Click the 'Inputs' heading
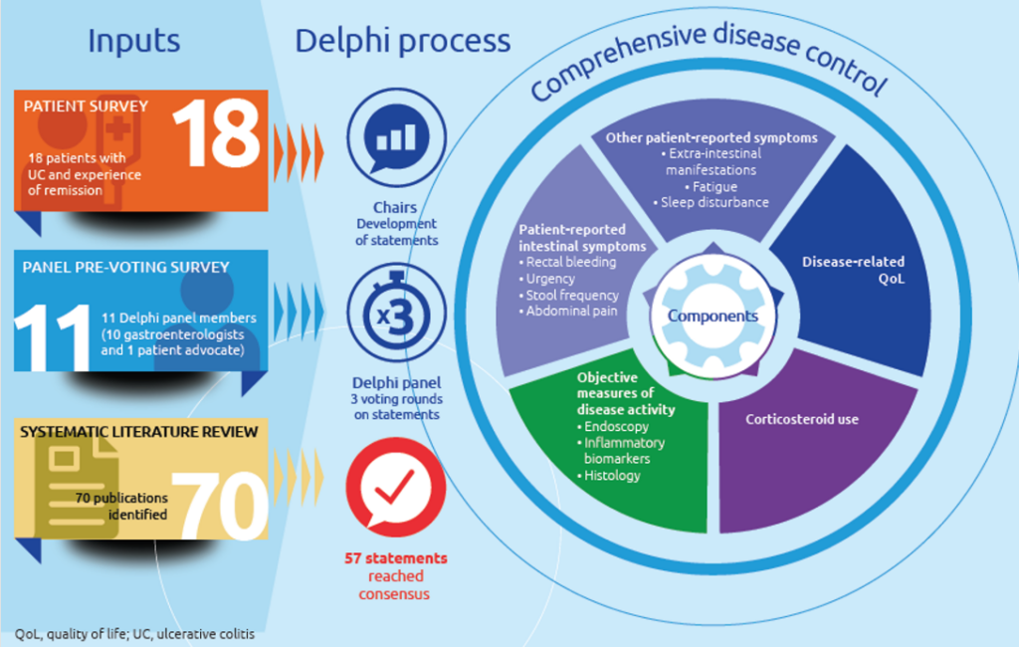pyautogui.click(x=134, y=41)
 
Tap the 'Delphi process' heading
pyautogui.click(x=403, y=42)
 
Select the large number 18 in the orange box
pyautogui.click(x=217, y=133)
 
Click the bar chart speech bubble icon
pyautogui.click(x=396, y=137)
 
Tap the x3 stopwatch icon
pyautogui.click(x=396, y=313)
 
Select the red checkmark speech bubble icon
pyautogui.click(x=396, y=487)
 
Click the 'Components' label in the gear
pyautogui.click(x=713, y=316)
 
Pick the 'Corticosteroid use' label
pyautogui.click(x=802, y=419)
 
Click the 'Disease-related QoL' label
pyautogui.click(x=853, y=270)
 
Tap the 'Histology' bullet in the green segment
pyautogui.click(x=608, y=476)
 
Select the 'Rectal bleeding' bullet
pyautogui.click(x=567, y=262)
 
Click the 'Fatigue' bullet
pyautogui.click(x=711, y=186)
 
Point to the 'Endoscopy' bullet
pyautogui.click(x=613, y=427)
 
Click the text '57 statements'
pyautogui.click(x=396, y=558)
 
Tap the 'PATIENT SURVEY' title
pyautogui.click(x=86, y=106)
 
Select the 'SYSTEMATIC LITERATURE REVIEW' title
pyautogui.click(x=139, y=432)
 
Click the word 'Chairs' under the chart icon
pyautogui.click(x=395, y=207)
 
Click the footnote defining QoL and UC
pyautogui.click(x=134, y=634)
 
